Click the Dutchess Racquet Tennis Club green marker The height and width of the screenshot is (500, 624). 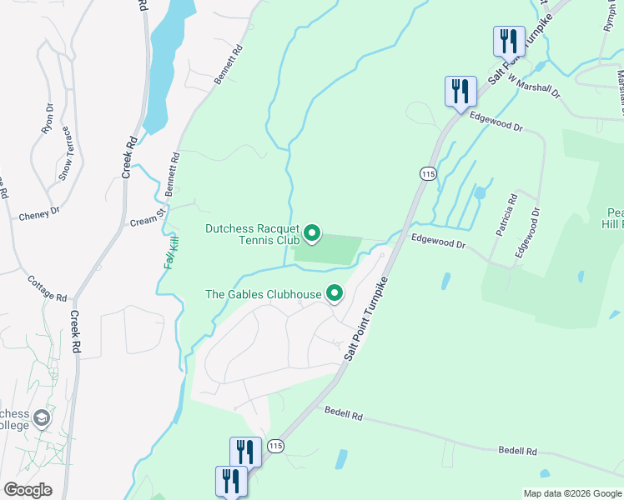[312, 233]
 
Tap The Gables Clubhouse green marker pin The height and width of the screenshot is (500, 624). [335, 293]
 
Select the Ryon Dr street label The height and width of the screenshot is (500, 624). [48, 119]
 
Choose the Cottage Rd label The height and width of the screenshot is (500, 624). [47, 288]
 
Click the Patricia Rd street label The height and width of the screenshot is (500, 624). [505, 215]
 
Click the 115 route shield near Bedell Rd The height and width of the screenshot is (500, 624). [275, 447]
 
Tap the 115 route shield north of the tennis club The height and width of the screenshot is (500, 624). [427, 173]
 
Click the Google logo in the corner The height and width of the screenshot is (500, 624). [28, 490]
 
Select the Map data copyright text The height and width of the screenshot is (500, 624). [572, 493]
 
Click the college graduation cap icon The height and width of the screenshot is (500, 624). [41, 417]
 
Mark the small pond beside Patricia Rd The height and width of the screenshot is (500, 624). [480, 193]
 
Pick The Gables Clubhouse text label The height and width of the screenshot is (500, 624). [264, 294]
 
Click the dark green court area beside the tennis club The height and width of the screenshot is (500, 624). [329, 249]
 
